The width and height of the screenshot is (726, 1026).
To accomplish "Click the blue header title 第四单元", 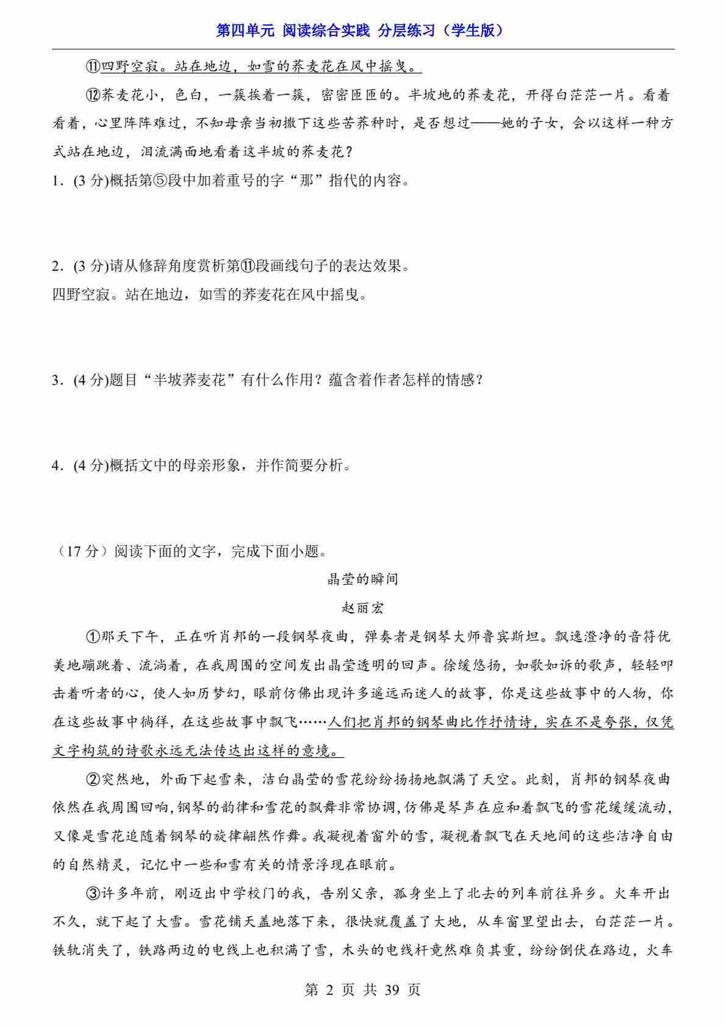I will (x=246, y=31).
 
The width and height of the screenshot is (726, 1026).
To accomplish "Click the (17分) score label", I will (x=79, y=552).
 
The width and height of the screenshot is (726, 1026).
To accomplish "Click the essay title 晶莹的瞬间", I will (x=362, y=579).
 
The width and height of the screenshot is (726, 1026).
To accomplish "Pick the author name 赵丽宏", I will (x=362, y=608).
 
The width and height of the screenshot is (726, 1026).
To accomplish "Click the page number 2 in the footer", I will (x=330, y=989).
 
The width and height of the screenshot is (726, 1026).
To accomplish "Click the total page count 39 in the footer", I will (x=392, y=989).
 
